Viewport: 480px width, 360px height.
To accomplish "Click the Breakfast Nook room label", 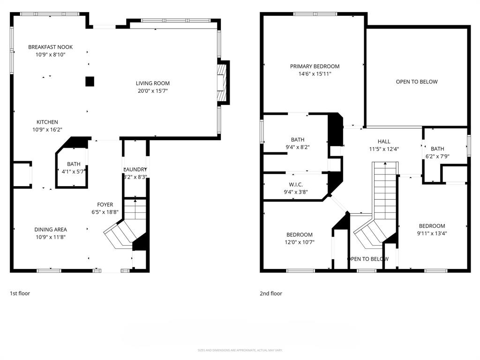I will (50, 47).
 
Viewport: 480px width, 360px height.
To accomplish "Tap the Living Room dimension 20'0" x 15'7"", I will (153, 91).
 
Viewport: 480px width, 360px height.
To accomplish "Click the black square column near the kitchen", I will (90, 82).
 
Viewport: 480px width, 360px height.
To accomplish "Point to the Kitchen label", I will (47, 122).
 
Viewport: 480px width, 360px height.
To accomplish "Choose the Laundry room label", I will (135, 170).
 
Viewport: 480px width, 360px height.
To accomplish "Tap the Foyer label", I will (105, 204).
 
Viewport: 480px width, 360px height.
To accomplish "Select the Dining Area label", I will (50, 230).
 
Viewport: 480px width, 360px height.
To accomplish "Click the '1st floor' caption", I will (20, 293).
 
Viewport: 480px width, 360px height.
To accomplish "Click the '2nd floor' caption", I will (271, 293).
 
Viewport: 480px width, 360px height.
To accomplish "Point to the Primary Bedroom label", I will (315, 67).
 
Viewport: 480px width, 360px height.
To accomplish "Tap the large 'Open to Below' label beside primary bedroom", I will (417, 82).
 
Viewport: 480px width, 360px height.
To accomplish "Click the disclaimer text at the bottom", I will (240, 350).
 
